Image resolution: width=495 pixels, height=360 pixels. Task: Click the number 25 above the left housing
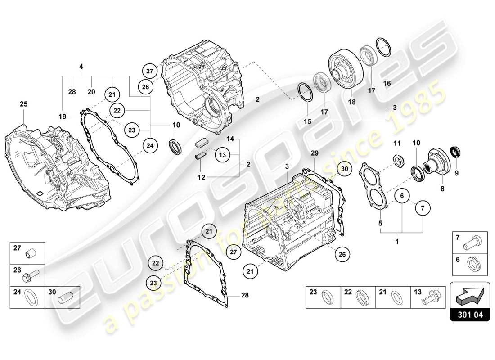(23, 104)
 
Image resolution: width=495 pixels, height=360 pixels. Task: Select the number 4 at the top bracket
(81, 67)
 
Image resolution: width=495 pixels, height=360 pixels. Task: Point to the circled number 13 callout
(222, 155)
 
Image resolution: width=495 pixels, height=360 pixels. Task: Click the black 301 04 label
(469, 315)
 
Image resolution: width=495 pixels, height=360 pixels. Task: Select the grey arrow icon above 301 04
(470, 295)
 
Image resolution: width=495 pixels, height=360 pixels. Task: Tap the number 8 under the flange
(442, 189)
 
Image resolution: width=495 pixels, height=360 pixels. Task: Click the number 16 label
(387, 83)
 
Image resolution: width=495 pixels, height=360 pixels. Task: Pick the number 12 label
(202, 177)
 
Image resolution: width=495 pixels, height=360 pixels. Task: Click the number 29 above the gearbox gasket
(315, 153)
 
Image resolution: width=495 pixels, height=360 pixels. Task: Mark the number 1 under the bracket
(397, 242)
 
